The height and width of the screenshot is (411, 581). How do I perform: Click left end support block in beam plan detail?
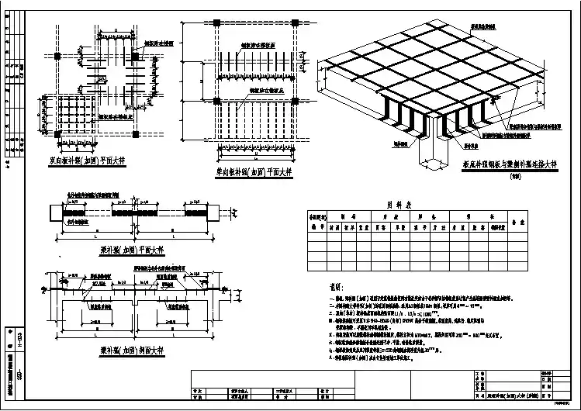click(x=57, y=212)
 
